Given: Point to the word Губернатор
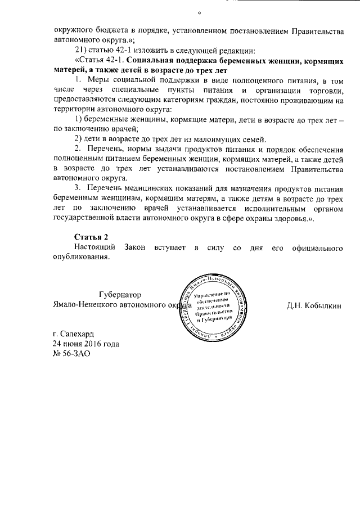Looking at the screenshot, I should click(x=120, y=295).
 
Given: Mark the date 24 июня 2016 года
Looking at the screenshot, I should click(x=85, y=343).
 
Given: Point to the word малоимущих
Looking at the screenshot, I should click(x=213, y=139).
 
